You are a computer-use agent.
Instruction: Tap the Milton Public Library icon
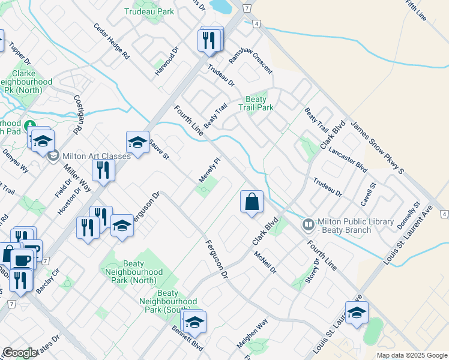[308, 224]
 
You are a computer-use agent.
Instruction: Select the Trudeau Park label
[148, 11]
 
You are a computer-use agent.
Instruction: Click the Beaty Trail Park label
[260, 103]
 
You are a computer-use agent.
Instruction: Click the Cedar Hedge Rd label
[112, 41]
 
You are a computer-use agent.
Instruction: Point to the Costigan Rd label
[78, 114]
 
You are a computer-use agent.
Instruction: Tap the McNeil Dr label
[264, 262]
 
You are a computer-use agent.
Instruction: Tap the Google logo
[20, 353]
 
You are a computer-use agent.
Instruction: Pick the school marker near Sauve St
[137, 143]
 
